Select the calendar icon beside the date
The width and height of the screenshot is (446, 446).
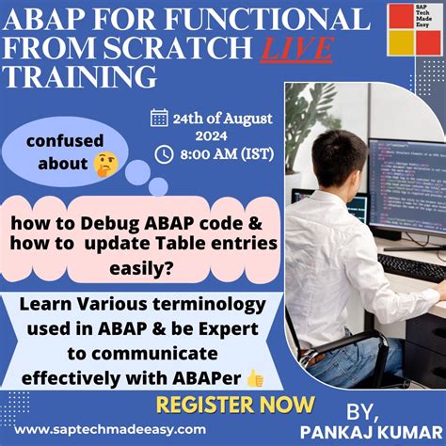[x=159, y=118]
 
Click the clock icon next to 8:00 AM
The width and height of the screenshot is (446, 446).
[x=164, y=153]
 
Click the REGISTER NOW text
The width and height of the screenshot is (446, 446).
[x=234, y=405]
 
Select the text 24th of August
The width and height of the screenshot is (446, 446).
[x=222, y=118]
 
